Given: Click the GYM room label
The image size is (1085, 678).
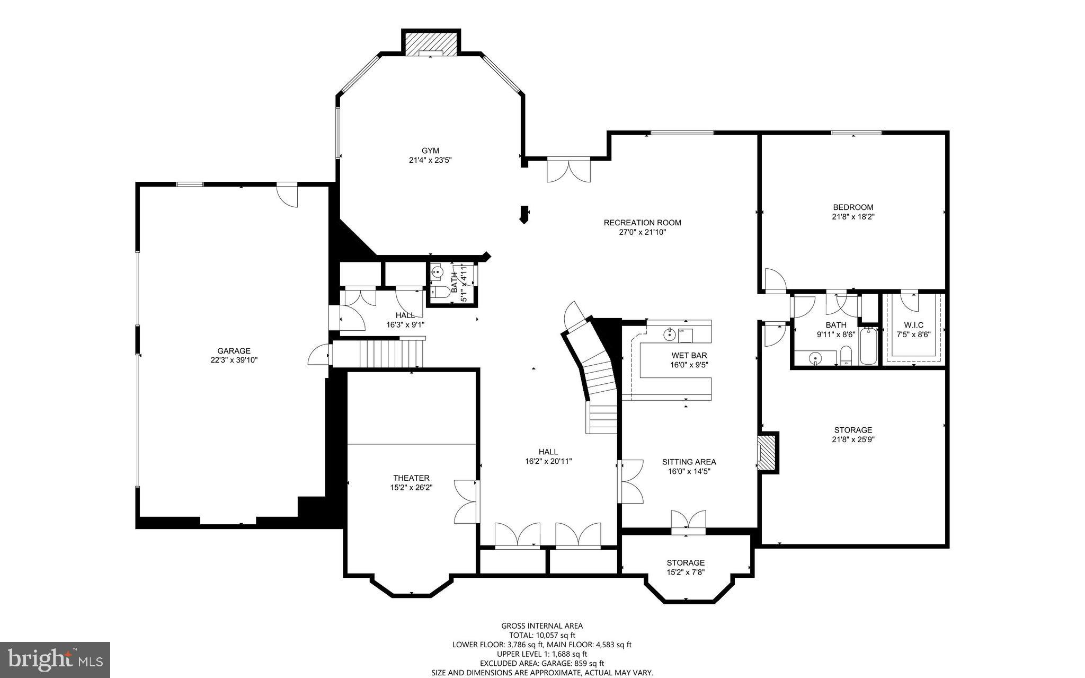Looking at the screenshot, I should point(430,151).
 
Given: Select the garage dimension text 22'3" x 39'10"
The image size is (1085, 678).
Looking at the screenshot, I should point(234,360).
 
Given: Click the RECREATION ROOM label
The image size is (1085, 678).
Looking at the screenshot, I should point(642,223).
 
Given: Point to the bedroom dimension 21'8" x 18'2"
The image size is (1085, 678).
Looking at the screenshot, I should point(852,216).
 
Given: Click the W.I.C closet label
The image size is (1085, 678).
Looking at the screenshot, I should point(913,325).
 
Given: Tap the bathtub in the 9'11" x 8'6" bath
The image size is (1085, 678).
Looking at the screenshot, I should point(868,346).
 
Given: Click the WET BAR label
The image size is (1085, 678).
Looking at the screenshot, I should point(689,355).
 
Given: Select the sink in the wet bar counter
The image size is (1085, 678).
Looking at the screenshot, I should point(670,334).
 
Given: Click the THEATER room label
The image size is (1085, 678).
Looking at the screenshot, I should point(411,478).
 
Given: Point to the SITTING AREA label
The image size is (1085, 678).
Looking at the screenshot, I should point(689,462).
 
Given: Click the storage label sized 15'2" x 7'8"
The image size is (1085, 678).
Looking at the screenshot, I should point(686,562).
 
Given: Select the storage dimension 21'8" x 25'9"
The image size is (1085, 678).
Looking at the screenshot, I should point(852,439).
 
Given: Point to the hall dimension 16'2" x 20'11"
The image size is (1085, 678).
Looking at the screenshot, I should point(548,461).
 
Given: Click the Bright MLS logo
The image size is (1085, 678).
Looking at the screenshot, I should point(55,659).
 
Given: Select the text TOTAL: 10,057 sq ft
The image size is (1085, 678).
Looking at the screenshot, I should point(541,635).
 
